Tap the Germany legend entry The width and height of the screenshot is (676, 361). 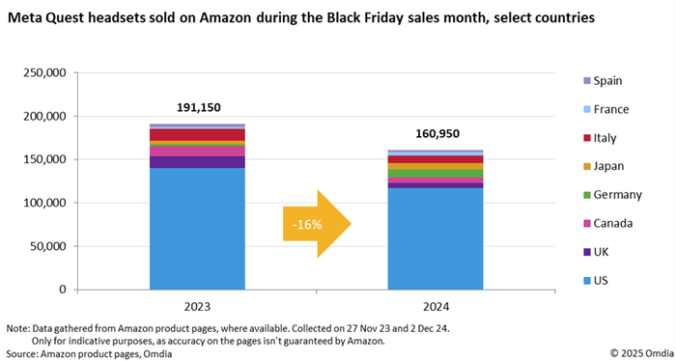[x=616, y=195]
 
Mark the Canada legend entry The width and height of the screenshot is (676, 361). [x=613, y=224]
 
